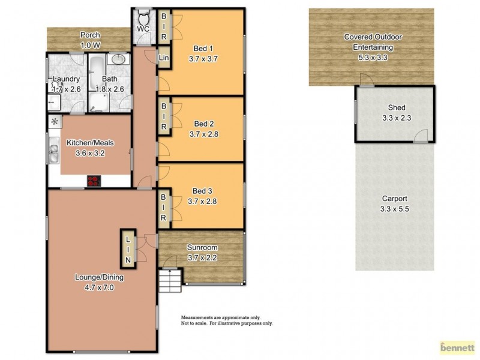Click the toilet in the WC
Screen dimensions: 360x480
click(x=145, y=16)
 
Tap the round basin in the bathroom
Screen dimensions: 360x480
click(x=119, y=60)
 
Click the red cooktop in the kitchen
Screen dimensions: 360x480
click(x=94, y=180)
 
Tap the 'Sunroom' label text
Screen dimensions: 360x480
click(x=202, y=247)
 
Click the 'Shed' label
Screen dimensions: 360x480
click(x=397, y=108)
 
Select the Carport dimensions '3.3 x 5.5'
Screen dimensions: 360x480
click(x=394, y=209)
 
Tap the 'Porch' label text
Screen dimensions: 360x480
click(x=90, y=35)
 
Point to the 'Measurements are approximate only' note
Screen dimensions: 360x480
click(x=221, y=317)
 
